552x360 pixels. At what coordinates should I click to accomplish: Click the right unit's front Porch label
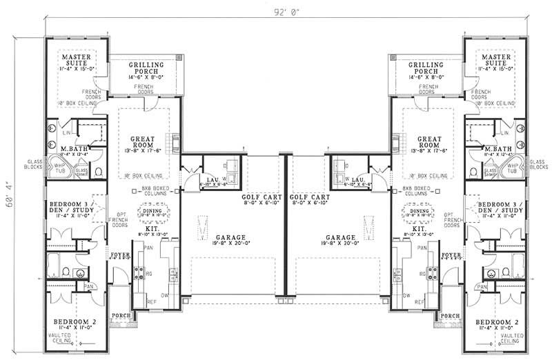click(x=451, y=316)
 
